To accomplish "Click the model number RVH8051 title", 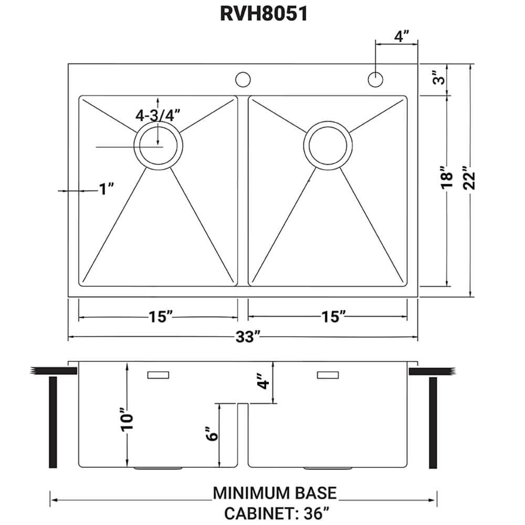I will point(263,14).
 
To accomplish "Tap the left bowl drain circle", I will point(158,145).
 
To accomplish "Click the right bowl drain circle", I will point(328,145).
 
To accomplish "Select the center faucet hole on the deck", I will point(243,79).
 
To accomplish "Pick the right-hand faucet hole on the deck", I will point(375,79).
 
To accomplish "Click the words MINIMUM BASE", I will point(275,493).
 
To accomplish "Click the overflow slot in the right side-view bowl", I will point(328,375).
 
